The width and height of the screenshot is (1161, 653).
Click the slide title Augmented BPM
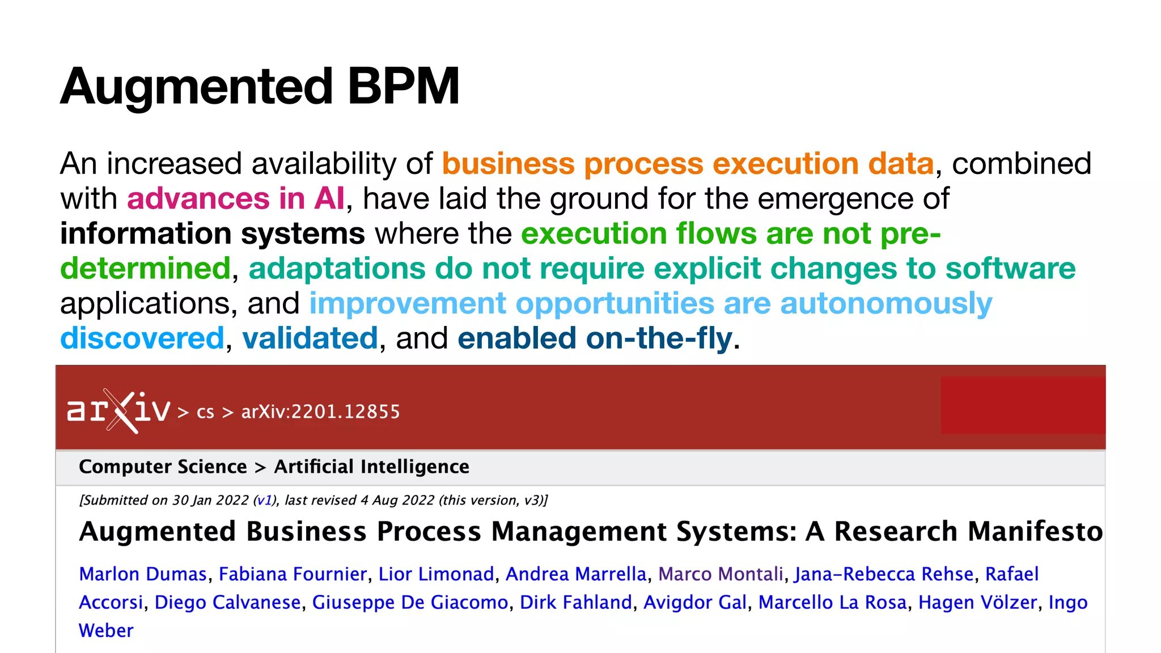pos(260,86)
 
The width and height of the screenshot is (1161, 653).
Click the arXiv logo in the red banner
pos(118,410)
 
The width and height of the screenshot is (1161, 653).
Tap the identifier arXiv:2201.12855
pos(320,412)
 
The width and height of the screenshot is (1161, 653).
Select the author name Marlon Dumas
pos(143,574)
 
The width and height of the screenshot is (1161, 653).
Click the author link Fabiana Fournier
pos(293,574)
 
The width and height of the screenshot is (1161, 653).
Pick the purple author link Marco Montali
pos(721,574)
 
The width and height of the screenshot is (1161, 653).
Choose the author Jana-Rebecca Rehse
pos(884,574)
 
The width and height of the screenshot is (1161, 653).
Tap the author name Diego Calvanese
pos(227,603)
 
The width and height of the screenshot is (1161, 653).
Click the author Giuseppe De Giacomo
pos(410,603)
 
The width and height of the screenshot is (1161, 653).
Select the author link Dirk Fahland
pos(575,603)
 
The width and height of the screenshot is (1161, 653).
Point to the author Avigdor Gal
pos(695,603)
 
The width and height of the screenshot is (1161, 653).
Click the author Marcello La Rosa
pos(832,603)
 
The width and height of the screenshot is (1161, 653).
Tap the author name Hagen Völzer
pos(977,603)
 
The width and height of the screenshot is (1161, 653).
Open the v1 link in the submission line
pos(264,501)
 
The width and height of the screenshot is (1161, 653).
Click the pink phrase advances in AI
pos(235,199)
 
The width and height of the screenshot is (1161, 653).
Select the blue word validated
pos(310,338)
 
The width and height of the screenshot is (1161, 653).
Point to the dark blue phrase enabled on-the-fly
pos(595,338)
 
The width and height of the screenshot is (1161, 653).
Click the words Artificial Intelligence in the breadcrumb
pos(371,467)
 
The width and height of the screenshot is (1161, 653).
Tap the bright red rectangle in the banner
pos(1023,405)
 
